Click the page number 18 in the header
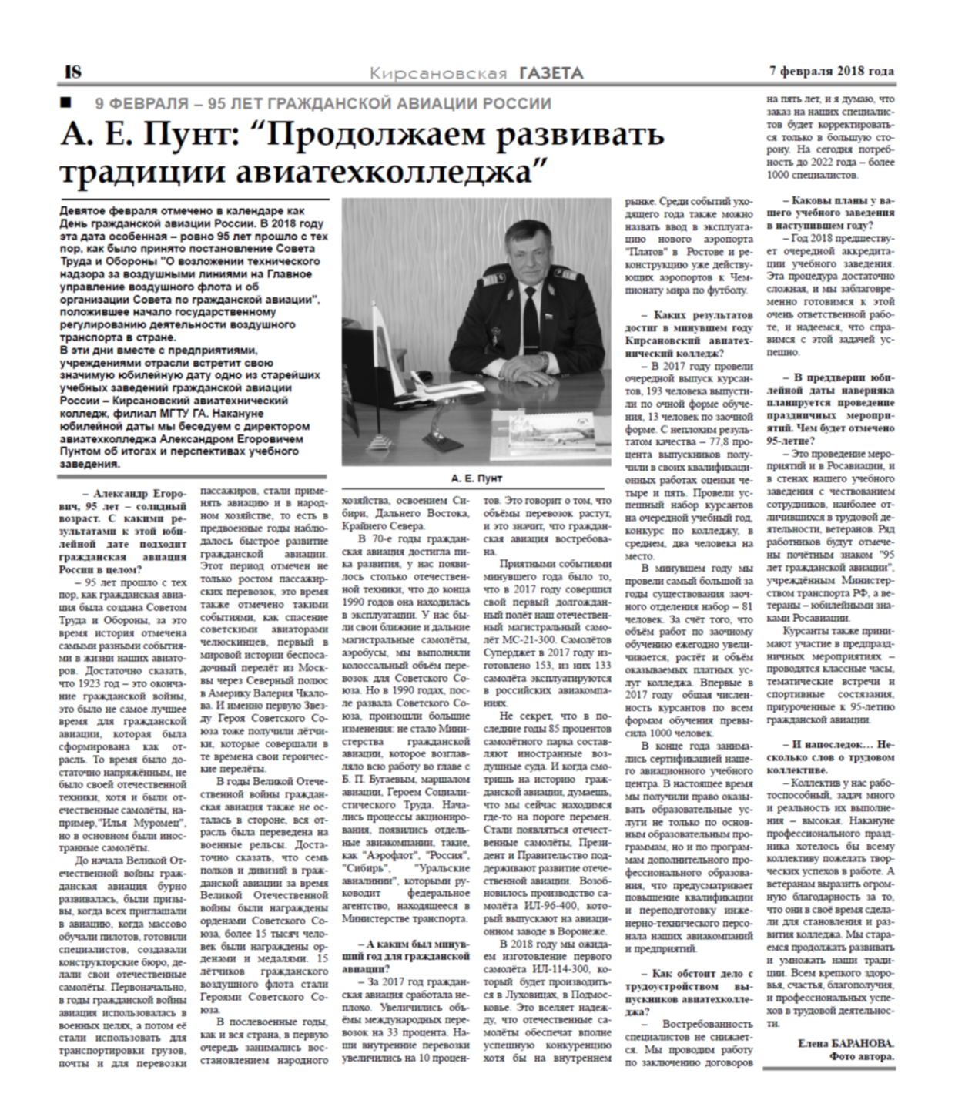click(x=73, y=72)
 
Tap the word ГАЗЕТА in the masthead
click(x=551, y=73)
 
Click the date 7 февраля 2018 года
click(x=831, y=71)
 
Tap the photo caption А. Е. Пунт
click(x=476, y=478)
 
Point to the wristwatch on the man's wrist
click(x=545, y=359)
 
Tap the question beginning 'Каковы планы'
click(x=830, y=213)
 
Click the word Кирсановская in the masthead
click(x=438, y=74)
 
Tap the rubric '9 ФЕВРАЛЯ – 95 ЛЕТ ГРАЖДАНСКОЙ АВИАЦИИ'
click(x=323, y=103)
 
